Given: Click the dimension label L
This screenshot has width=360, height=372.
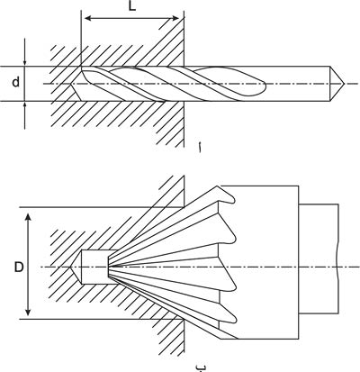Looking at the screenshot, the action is (132, 6).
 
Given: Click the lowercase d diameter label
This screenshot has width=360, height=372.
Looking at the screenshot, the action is (16, 82).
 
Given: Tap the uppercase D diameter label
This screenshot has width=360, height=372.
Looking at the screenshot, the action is (19, 267).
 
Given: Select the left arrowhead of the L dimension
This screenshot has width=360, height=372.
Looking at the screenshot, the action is (88, 19).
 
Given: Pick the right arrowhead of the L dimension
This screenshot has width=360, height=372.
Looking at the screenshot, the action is (175, 19).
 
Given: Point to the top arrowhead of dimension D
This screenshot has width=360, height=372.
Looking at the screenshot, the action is (28, 218).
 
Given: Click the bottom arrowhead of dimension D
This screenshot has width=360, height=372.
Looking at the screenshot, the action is (28, 313).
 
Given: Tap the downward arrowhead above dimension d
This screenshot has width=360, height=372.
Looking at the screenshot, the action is (24, 62).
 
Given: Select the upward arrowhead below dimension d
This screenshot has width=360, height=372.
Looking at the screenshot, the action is (24, 105).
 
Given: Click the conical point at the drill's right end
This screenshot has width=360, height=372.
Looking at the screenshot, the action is (337, 84).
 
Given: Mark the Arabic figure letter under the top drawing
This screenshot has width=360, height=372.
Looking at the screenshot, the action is (199, 149).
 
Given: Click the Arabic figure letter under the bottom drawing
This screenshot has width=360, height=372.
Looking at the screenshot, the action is (199, 367).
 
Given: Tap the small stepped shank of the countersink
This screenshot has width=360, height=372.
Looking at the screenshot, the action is (319, 259).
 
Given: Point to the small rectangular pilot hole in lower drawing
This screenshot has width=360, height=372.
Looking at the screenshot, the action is (94, 267).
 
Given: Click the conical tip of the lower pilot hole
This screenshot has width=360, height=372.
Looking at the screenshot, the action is (76, 267).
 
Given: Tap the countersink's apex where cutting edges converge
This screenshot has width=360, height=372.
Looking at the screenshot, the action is (110, 267).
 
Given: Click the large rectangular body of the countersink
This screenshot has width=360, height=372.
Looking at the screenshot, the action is (267, 262).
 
